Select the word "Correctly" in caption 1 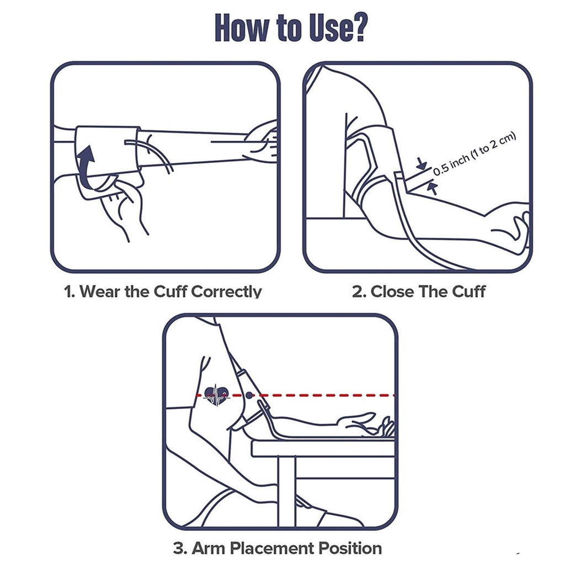[226, 291]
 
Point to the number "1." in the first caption [70, 291]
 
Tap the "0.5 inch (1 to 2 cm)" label [475, 154]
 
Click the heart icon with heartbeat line [216, 395]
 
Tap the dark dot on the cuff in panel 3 [249, 396]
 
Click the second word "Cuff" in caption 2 [469, 291]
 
